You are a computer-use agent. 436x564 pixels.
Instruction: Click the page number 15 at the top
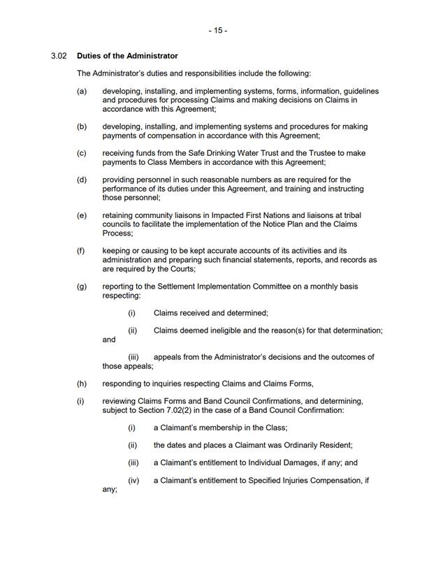218,31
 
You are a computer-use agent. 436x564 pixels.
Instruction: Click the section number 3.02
59,56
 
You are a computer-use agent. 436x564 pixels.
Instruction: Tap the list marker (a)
82,92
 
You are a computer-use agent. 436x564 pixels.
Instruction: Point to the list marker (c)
82,152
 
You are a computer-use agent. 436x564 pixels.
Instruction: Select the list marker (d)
82,180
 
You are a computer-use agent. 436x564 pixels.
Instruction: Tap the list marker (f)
82,250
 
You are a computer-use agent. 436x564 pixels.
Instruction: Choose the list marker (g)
82,287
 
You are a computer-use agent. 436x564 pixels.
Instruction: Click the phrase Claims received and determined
210,313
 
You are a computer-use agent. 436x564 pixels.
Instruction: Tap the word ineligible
224,330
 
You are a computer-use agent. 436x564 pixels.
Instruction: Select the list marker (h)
82,383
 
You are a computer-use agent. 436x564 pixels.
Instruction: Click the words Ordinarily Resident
319,445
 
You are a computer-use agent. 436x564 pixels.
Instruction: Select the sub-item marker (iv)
133,481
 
